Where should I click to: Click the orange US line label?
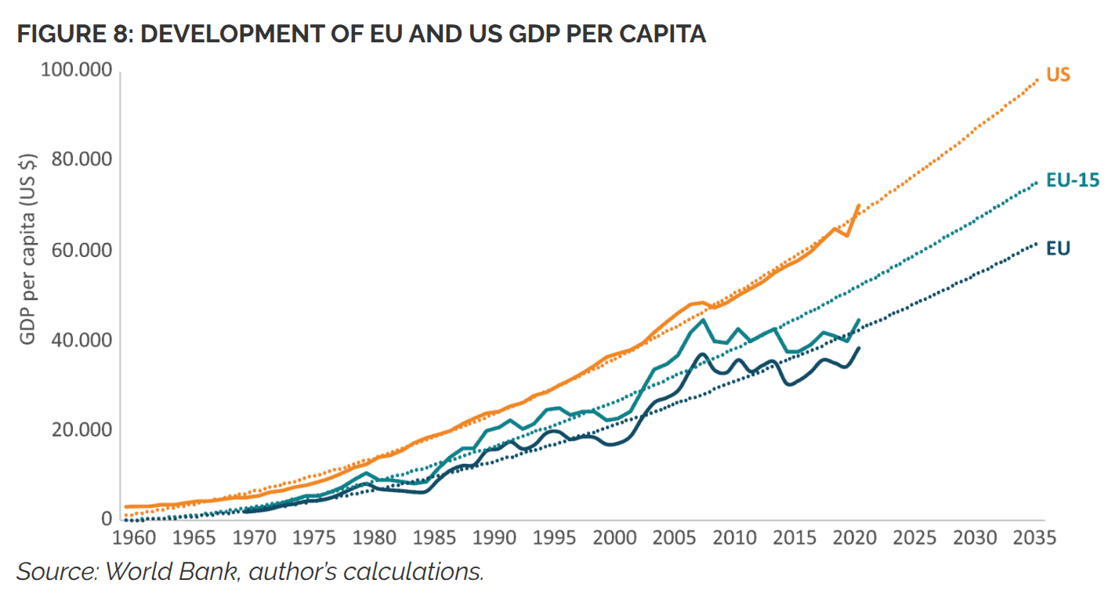pos(1058,75)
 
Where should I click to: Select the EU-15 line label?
pos(1072,181)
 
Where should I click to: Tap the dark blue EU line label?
pos(1058,248)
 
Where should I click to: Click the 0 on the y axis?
pos(107,520)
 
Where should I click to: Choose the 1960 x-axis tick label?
pos(131,538)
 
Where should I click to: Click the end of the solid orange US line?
pos(860,205)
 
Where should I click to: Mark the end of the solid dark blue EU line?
pos(860,348)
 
